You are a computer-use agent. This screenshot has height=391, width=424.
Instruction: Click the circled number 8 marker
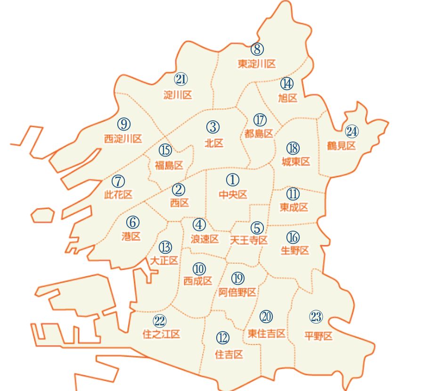coord(257,49)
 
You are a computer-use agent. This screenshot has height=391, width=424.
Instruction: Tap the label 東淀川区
coord(256,64)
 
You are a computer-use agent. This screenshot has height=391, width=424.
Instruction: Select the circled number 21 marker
coord(181,79)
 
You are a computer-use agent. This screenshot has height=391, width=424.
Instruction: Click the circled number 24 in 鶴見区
coord(351,131)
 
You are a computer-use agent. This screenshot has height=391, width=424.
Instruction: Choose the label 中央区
coord(233,194)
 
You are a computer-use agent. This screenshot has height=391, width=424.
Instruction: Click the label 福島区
coord(169,165)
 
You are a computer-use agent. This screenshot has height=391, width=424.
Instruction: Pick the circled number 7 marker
coord(118,181)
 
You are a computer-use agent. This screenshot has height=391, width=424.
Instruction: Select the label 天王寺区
coord(249,240)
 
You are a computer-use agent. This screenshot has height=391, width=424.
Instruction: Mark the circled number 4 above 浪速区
coord(199,225)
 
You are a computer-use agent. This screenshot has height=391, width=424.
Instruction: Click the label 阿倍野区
coord(237,292)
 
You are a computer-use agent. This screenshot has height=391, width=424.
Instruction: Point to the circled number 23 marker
coord(316,317)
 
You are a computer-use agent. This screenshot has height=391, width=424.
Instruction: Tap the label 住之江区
coord(161,334)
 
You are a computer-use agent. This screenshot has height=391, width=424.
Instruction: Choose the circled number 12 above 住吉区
coord(223,338)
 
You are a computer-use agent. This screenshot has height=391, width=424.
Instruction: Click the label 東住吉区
coord(267,333)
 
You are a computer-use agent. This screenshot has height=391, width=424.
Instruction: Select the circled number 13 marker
coord(165,247)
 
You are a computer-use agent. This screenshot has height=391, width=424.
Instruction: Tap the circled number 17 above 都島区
coord(260,120)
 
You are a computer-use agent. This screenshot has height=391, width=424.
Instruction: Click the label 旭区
coord(287,98)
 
